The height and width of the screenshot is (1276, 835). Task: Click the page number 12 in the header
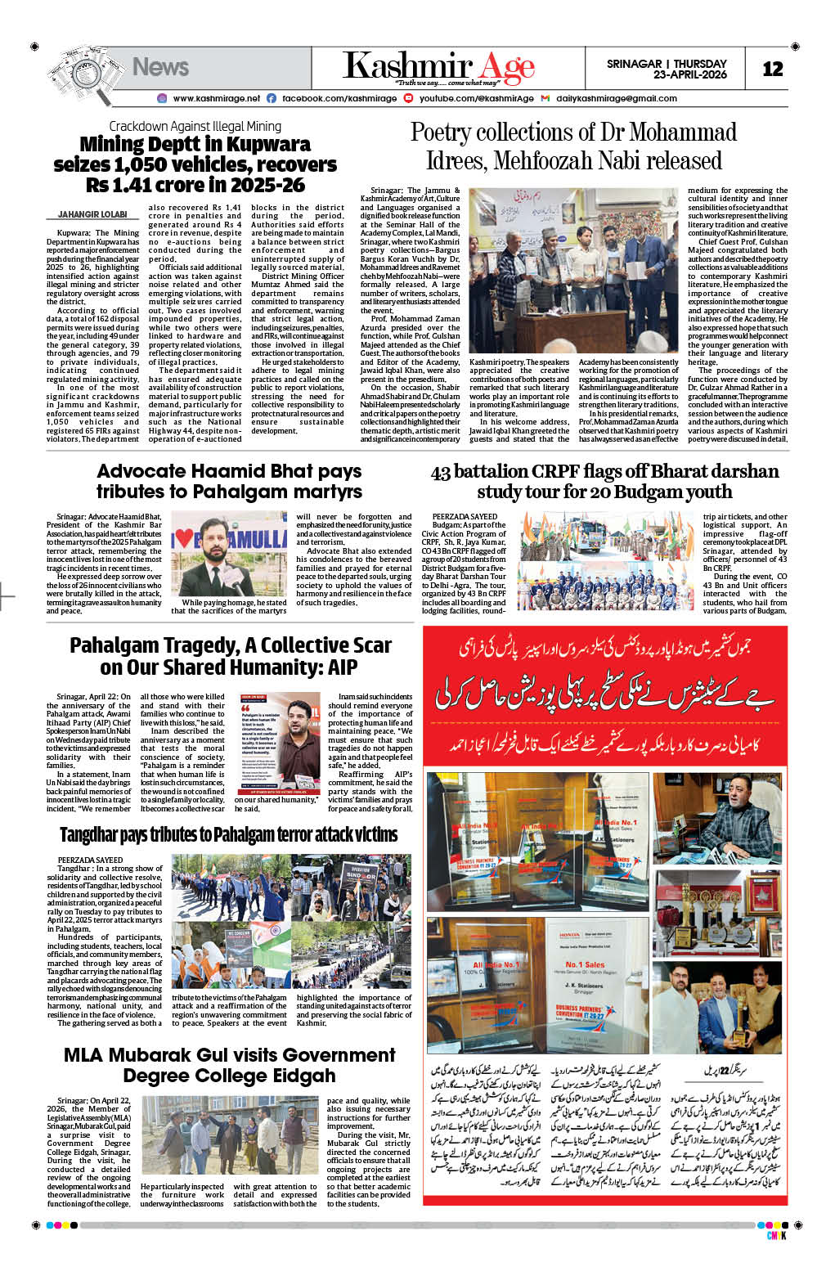(772, 70)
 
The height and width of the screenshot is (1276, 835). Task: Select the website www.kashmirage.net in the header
(216, 98)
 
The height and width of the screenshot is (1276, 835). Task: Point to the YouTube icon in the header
(410, 98)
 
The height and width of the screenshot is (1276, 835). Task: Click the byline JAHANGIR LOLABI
(92, 214)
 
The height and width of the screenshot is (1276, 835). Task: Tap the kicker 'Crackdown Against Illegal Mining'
(195, 126)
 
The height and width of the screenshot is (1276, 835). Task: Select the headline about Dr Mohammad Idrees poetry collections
(573, 146)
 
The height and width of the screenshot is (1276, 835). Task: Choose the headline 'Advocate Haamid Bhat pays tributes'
(229, 481)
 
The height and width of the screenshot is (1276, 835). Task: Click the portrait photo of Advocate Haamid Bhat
(229, 554)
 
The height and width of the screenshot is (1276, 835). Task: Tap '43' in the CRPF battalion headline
(440, 471)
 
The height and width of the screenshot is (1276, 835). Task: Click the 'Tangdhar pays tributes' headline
(228, 834)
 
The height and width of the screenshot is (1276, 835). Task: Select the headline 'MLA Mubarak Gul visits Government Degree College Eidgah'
(229, 1065)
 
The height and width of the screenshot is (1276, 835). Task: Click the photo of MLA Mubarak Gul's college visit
(229, 1137)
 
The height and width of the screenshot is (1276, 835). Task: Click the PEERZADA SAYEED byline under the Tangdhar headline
(90, 860)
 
